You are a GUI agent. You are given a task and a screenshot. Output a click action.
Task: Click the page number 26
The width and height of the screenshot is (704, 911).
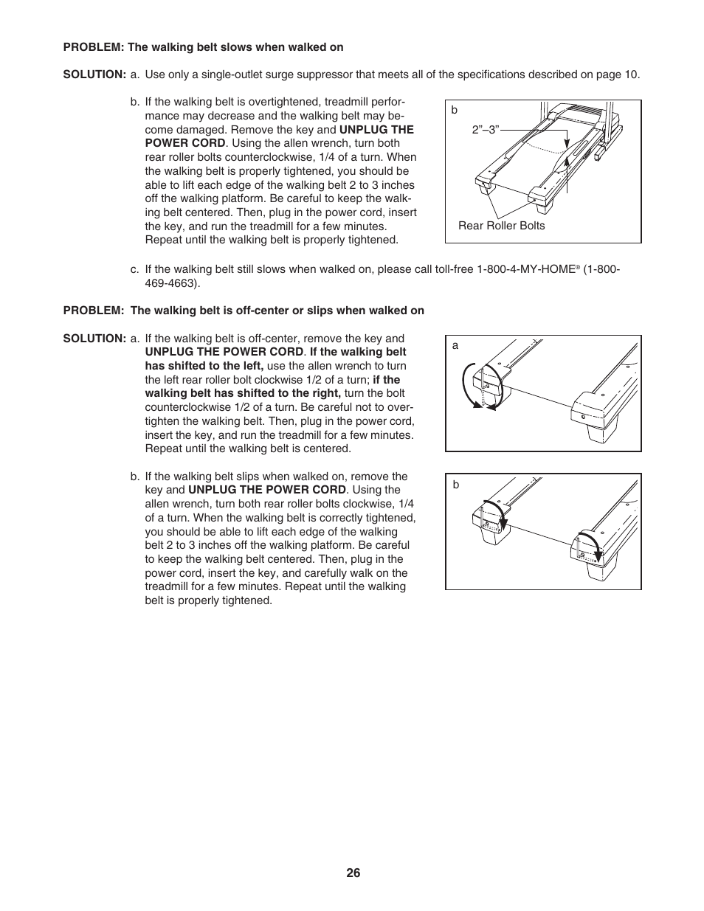click(x=353, y=873)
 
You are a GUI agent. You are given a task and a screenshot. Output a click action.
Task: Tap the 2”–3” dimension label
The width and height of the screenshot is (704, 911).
click(x=486, y=129)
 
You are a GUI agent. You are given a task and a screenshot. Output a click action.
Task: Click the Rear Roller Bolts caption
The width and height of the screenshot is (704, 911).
click(x=501, y=226)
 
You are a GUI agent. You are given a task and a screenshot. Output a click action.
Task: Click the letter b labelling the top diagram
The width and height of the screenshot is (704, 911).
click(x=455, y=110)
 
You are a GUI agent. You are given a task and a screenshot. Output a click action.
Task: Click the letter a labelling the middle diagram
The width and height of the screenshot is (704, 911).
click(x=455, y=345)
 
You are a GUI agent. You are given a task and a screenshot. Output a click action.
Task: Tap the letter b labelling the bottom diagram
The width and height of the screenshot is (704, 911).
click(x=456, y=485)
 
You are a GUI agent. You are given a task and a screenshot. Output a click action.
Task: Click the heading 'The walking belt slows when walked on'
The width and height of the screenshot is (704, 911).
click(x=235, y=47)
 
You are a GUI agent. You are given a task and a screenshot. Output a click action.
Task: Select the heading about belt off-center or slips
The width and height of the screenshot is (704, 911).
click(x=277, y=311)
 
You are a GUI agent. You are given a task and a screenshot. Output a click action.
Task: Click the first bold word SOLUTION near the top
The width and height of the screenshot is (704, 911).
click(x=94, y=75)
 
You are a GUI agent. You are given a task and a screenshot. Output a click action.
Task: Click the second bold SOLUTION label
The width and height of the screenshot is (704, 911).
click(x=94, y=339)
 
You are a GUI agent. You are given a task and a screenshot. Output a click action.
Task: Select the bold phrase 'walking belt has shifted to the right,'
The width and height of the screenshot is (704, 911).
click(x=243, y=393)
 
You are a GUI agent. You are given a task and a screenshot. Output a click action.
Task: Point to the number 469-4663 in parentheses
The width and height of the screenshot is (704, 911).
click(x=172, y=283)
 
